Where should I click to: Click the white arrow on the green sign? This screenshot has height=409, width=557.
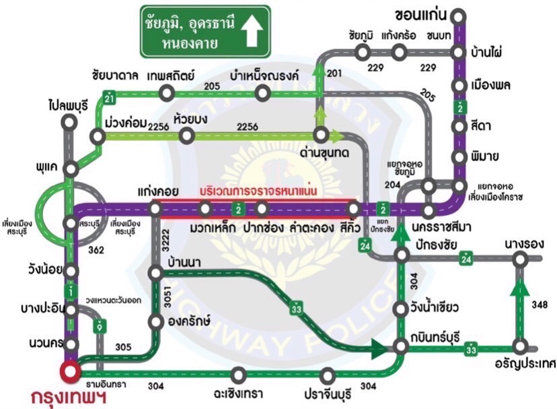(253, 31)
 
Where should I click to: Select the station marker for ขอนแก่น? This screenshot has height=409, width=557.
(459, 15)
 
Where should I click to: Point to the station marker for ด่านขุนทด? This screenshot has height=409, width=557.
(320, 135)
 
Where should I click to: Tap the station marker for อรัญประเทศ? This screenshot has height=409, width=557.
(519, 347)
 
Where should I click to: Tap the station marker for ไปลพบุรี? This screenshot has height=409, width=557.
(69, 122)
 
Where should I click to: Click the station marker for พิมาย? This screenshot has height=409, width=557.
(459, 158)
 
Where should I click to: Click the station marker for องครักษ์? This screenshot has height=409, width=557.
(156, 321)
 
